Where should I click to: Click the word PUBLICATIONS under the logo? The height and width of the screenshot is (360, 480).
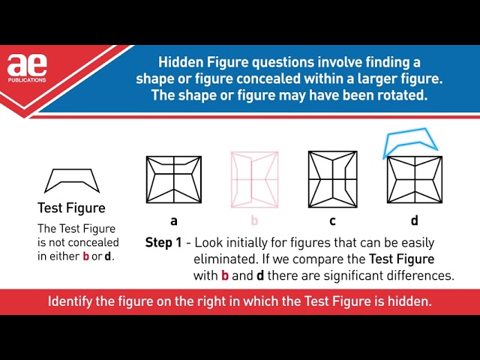pyautogui.click(x=27, y=80)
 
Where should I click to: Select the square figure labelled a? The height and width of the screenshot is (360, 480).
pyautogui.click(x=174, y=179)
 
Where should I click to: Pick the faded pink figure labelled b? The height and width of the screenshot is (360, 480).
pyautogui.click(x=255, y=180)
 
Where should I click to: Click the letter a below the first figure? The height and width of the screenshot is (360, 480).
pyautogui.click(x=174, y=221)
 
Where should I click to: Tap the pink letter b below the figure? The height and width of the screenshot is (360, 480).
pyautogui.click(x=254, y=220)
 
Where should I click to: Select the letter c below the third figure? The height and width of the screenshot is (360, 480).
pyautogui.click(x=333, y=221)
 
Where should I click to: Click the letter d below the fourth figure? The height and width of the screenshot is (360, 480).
pyautogui.click(x=415, y=220)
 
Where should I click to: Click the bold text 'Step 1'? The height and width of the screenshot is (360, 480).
pyautogui.click(x=163, y=242)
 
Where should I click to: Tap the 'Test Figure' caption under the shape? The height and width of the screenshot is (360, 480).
pyautogui.click(x=72, y=208)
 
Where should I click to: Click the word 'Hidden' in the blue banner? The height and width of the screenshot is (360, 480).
pyautogui.click(x=181, y=62)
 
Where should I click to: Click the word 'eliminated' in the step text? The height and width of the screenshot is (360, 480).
pyautogui.click(x=226, y=259)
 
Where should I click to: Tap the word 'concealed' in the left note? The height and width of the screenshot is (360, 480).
pyautogui.click(x=94, y=242)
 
